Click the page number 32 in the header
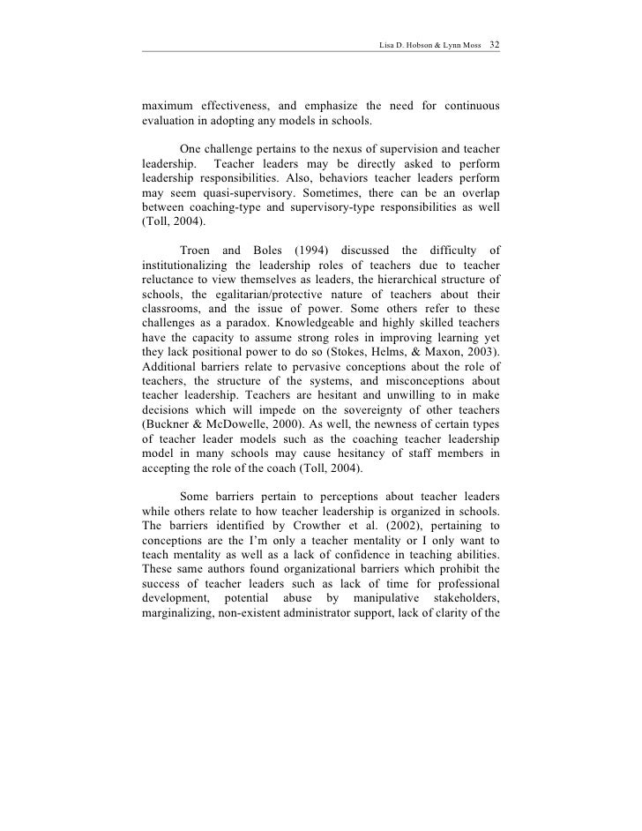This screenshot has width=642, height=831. tap(494, 43)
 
